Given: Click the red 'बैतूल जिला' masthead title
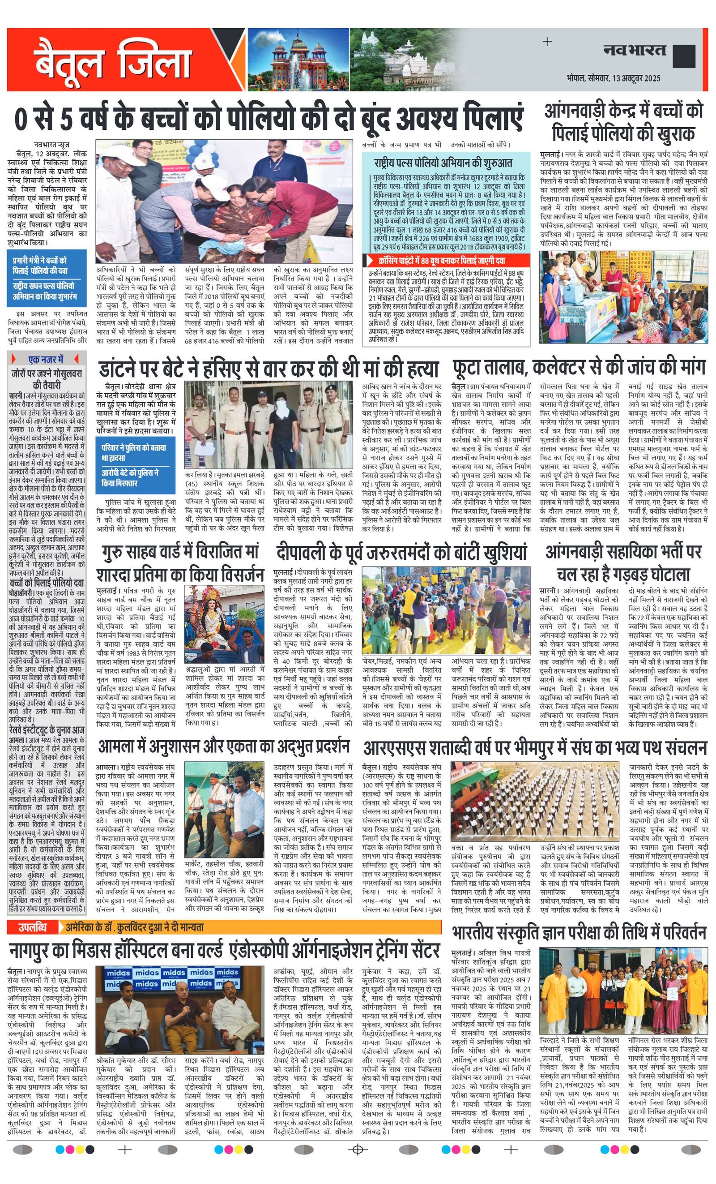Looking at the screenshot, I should coord(113,61).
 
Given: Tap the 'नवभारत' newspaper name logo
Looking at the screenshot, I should coord(635,50).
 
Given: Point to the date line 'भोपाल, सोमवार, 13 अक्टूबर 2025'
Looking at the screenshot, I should coord(613,78).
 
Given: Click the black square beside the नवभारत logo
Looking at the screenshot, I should coord(684,56).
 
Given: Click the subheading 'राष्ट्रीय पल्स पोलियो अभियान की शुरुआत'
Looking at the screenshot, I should coord(443,163).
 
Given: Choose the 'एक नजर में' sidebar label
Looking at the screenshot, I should coord(46,359).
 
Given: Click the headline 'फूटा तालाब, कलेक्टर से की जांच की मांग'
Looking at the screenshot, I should coord(578,368).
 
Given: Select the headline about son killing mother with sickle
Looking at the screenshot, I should coord(269,369).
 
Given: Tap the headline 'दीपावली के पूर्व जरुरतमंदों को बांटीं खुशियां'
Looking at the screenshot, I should coord(401,552).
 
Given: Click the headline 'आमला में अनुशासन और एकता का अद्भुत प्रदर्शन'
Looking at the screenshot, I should coord(224,747).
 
